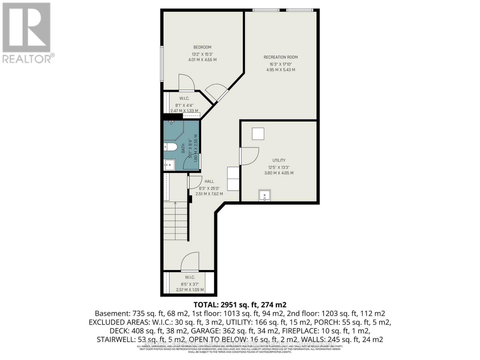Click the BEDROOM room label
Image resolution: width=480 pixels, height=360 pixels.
point(202,47)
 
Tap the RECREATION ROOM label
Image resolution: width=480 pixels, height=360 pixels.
point(280,57)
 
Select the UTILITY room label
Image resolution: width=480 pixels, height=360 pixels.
point(279,160)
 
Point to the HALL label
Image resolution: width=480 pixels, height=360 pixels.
point(209,181)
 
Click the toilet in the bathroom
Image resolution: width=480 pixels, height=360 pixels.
point(170,147)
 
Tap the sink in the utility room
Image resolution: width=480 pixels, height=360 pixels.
point(264,195)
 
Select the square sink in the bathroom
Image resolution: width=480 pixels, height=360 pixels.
point(169,164)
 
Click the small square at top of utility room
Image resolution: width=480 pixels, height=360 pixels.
point(258,133)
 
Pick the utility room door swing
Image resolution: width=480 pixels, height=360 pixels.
point(249,156)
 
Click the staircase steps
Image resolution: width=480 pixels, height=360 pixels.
point(175,220)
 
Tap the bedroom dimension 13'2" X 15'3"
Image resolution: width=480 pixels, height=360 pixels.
point(202,54)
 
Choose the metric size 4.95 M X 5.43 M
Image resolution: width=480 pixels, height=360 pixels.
point(280,70)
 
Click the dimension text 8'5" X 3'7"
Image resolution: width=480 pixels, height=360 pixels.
point(190,284)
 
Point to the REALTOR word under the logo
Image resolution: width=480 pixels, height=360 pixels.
point(27,58)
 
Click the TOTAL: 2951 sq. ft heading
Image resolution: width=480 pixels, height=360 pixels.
point(240,305)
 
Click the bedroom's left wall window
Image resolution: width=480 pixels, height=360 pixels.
point(162,64)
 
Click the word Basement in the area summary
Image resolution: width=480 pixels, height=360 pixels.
point(112,313)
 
